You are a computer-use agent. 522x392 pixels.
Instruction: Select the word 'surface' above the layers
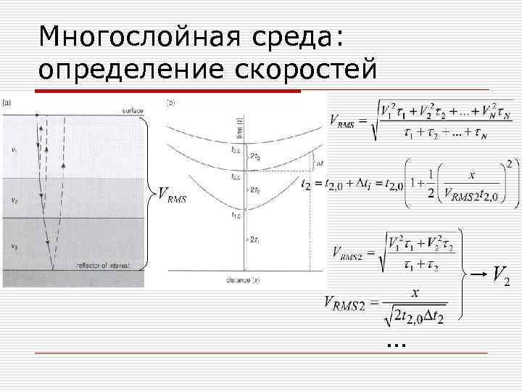click(132, 110)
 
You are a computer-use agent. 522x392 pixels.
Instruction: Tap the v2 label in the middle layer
click(14, 198)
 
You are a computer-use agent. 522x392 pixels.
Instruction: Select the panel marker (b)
click(170, 102)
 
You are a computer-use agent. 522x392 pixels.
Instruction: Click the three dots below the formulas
click(396, 341)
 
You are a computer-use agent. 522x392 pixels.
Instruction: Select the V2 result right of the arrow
click(500, 274)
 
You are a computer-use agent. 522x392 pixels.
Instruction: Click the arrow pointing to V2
click(476, 274)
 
